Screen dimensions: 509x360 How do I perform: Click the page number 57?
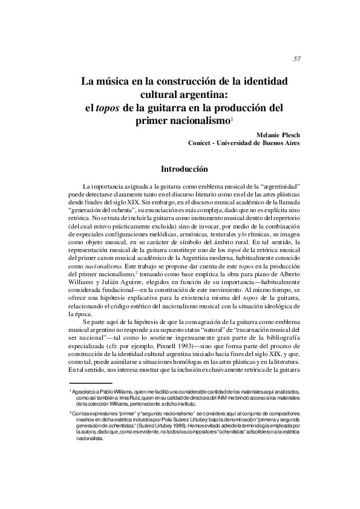[x=296, y=59]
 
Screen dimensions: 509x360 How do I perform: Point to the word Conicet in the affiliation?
[x=203, y=143]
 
